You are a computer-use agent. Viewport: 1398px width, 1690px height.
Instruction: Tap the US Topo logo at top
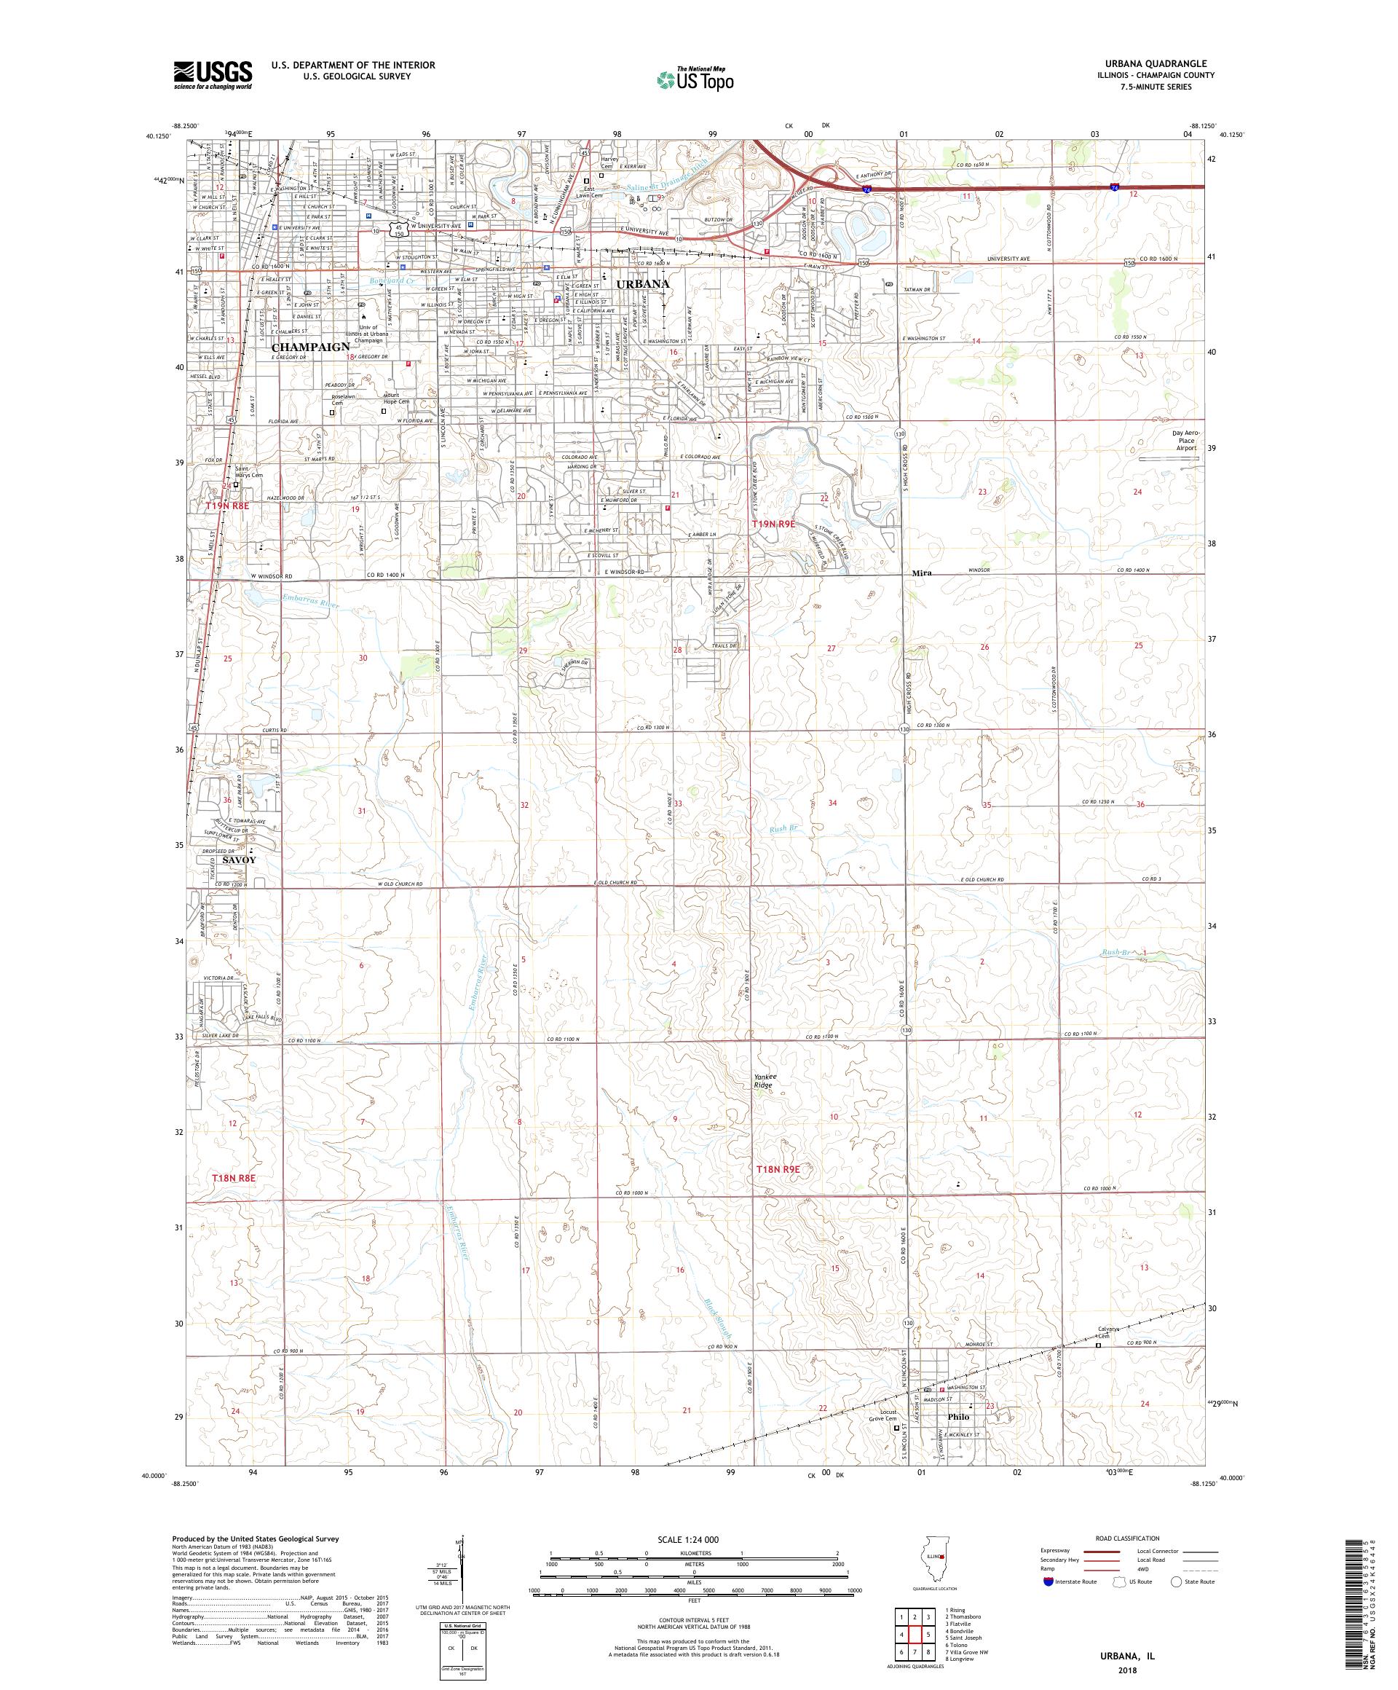(697, 79)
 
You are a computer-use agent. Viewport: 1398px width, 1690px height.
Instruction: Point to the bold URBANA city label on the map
(643, 284)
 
